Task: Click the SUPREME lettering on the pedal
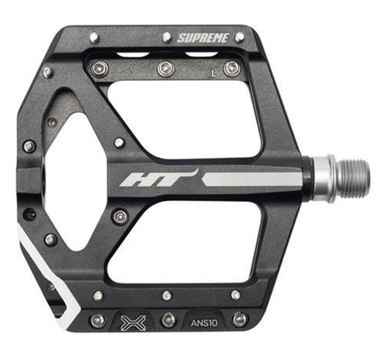coord(203,38)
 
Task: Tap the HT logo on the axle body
coord(159,178)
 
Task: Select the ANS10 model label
coord(204,323)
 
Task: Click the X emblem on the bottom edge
coord(133,323)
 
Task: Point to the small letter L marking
coord(214,73)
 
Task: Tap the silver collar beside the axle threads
coord(323,179)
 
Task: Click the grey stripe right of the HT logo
coord(251,180)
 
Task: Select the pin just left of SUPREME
coord(167,37)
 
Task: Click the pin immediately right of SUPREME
coord(240,36)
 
